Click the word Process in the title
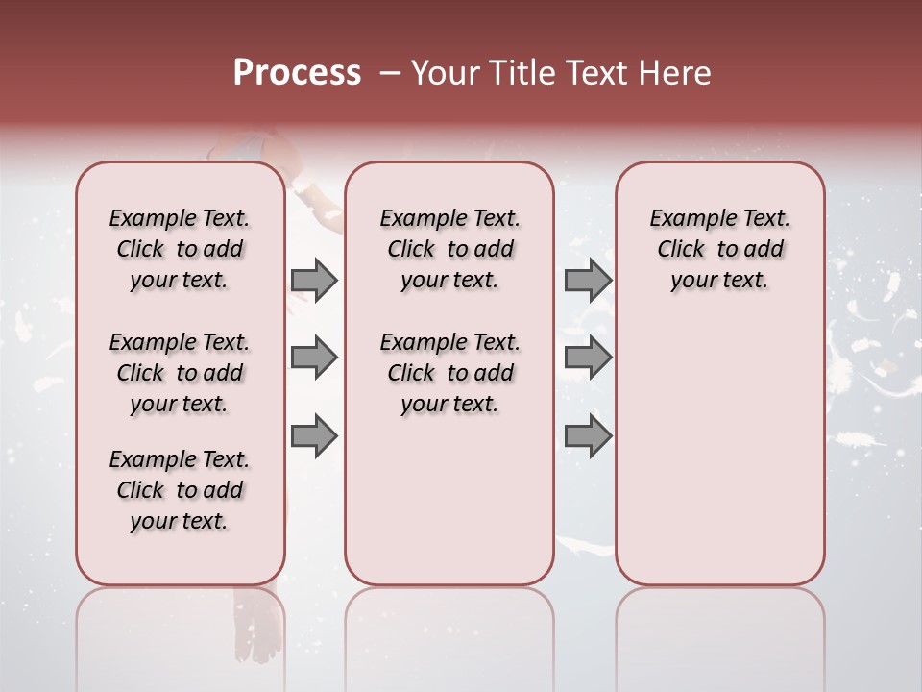(297, 72)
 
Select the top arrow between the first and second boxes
(314, 280)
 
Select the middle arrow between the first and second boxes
(314, 358)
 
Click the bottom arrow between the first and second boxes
(314, 435)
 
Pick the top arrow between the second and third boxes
(588, 280)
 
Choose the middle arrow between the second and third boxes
(588, 358)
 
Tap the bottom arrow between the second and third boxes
(588, 435)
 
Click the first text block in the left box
(180, 249)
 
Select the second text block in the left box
(180, 373)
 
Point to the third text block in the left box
(180, 490)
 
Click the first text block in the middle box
(449, 249)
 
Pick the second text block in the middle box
(449, 373)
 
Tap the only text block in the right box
(719, 249)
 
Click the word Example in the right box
(685, 218)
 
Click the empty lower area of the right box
(719, 461)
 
